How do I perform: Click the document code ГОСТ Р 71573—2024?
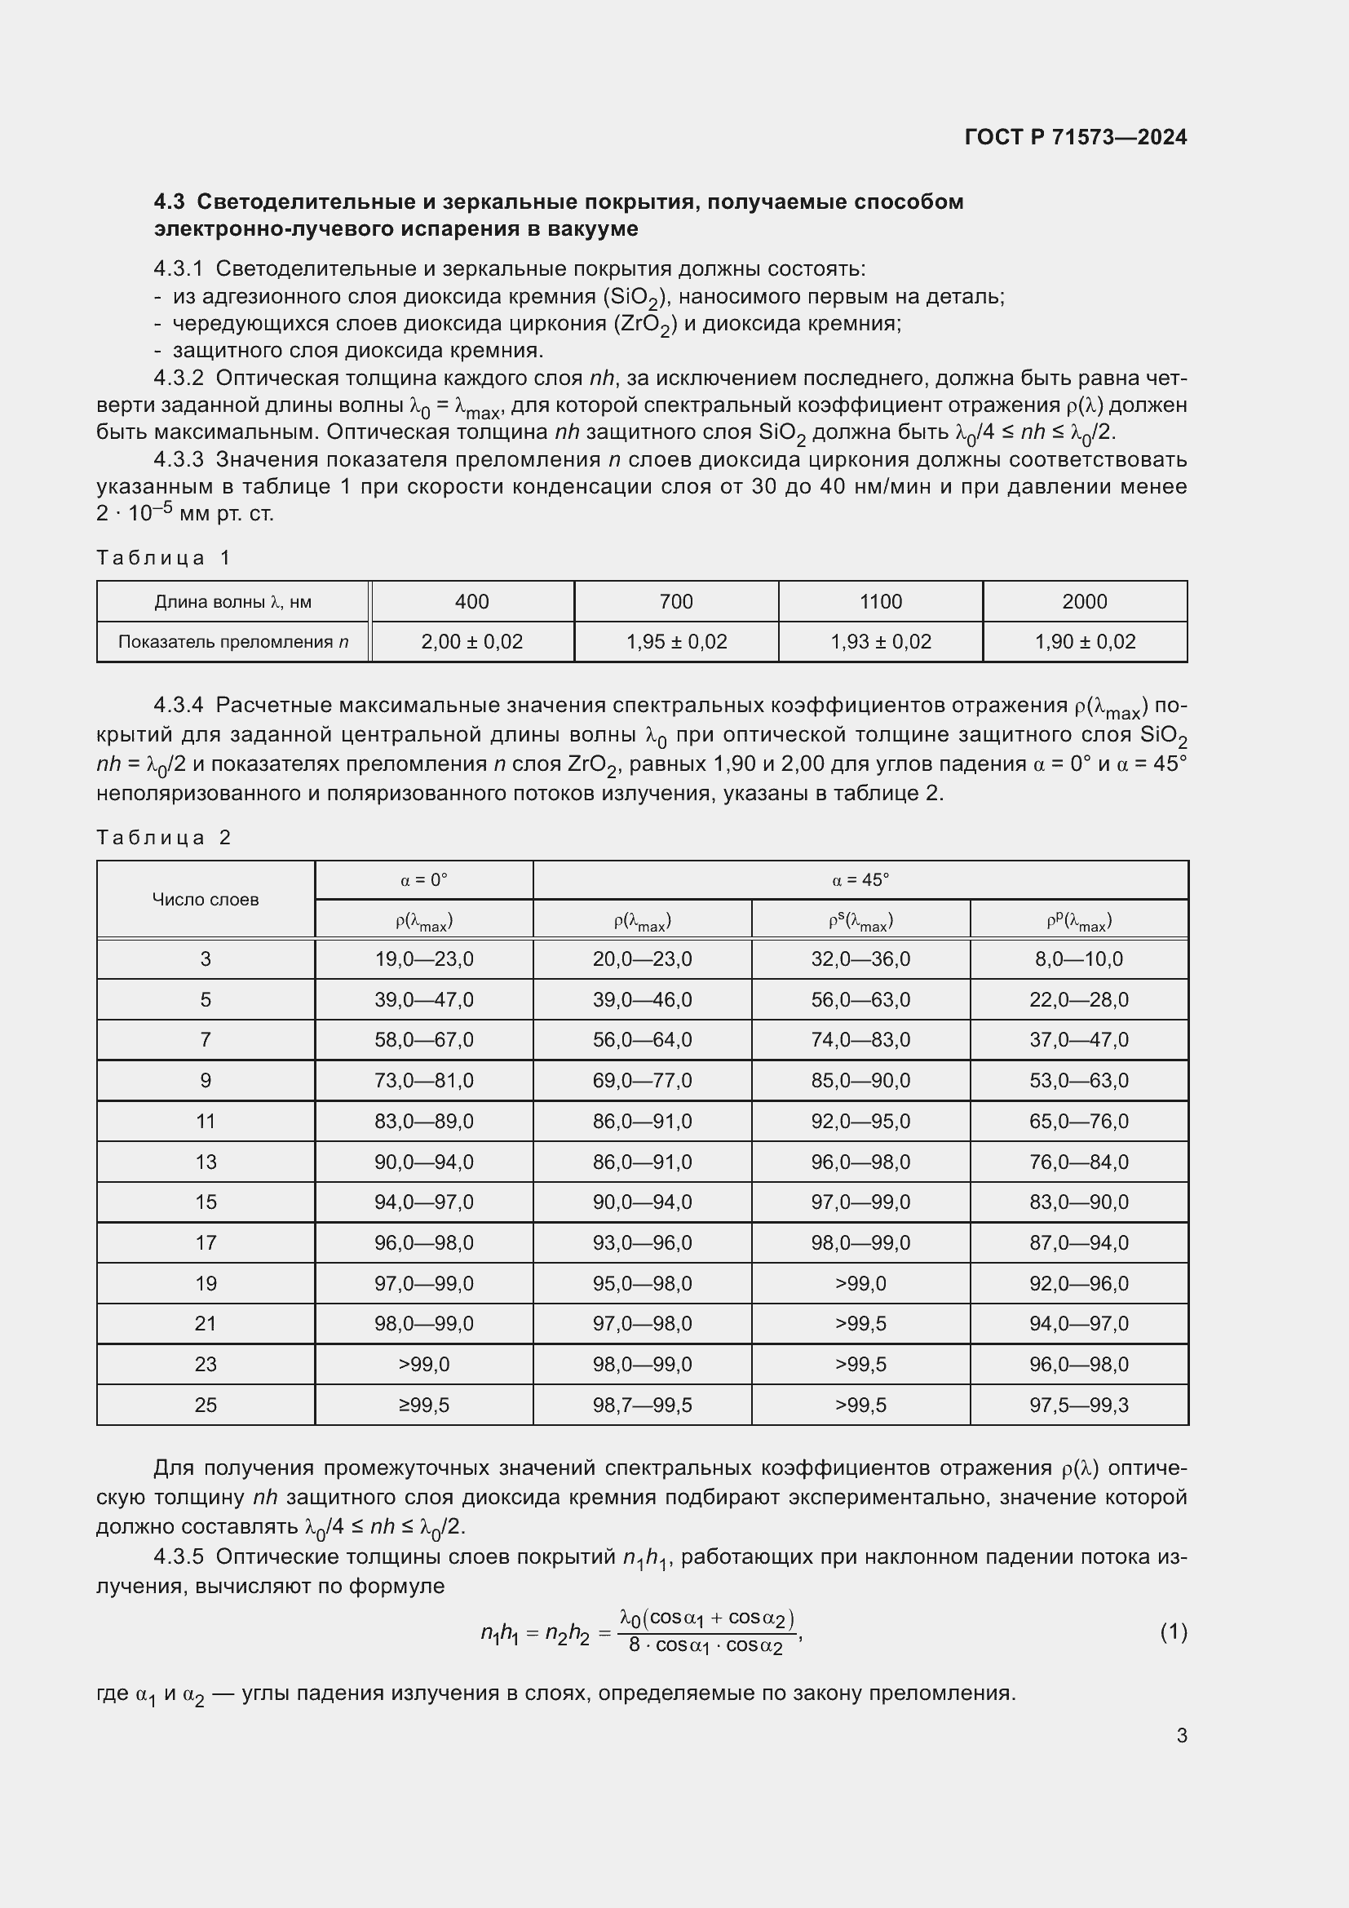pos(1076,137)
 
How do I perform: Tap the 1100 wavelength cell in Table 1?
pos(880,602)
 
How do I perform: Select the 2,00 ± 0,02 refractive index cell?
pos(471,641)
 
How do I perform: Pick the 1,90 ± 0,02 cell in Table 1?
pos(1084,641)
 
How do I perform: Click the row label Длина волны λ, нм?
pos(232,602)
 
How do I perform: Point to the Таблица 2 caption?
pos(164,838)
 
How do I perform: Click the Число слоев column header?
pos(206,899)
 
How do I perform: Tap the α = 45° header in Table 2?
pos(860,880)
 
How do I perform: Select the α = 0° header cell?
pos(423,880)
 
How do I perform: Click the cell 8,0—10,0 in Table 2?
pos(1078,959)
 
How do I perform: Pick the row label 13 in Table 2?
pos(206,1162)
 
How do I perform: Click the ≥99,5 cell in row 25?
pos(423,1406)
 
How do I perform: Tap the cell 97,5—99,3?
pos(1078,1406)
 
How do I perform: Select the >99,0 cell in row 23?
pos(423,1365)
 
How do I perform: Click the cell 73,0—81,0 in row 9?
pos(423,1080)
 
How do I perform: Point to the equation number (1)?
pos(1173,1633)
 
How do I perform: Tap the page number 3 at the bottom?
pos(1181,1735)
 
